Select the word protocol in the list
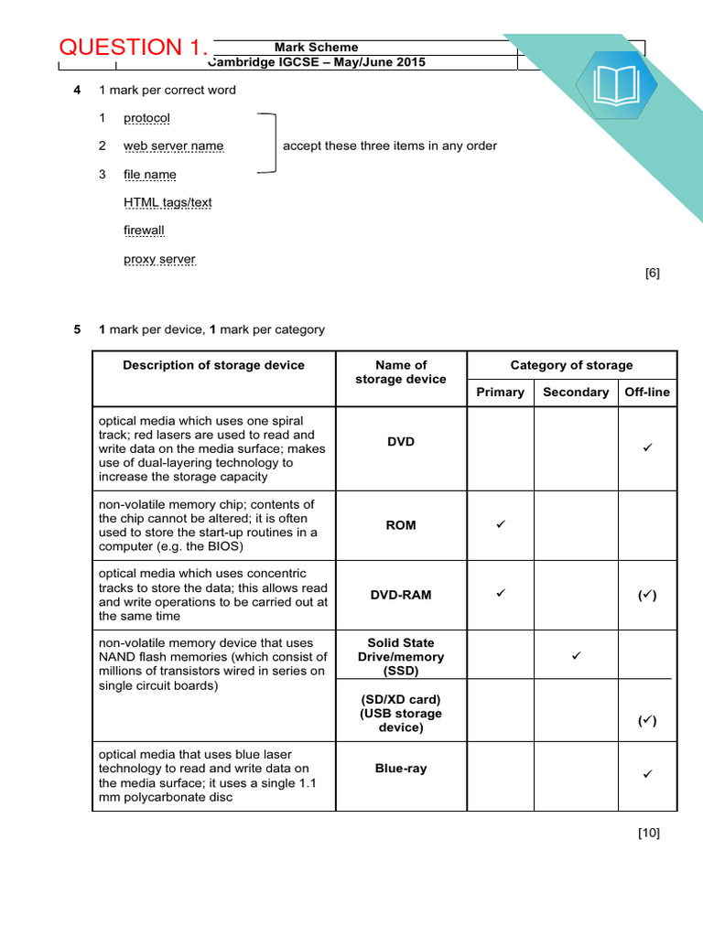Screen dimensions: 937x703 [x=146, y=118]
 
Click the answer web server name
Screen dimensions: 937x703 [x=173, y=146]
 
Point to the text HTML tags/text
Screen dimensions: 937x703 [x=168, y=202]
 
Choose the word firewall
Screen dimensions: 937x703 [x=144, y=231]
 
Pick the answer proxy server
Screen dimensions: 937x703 [x=159, y=259]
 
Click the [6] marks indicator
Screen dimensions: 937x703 [x=652, y=273]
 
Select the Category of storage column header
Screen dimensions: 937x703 [x=571, y=365]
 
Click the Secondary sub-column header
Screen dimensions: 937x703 [x=575, y=392]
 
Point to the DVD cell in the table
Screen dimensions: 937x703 [x=401, y=442]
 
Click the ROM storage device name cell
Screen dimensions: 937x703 [x=401, y=525]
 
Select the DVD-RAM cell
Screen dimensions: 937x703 [x=401, y=595]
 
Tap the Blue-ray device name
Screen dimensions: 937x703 [x=401, y=769]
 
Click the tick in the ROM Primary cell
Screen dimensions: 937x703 [x=500, y=525]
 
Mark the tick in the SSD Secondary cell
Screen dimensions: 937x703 [x=576, y=656]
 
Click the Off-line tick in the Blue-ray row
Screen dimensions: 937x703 [x=647, y=775]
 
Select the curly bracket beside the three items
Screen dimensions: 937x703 [x=268, y=144]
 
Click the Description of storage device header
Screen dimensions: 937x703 [x=213, y=365]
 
